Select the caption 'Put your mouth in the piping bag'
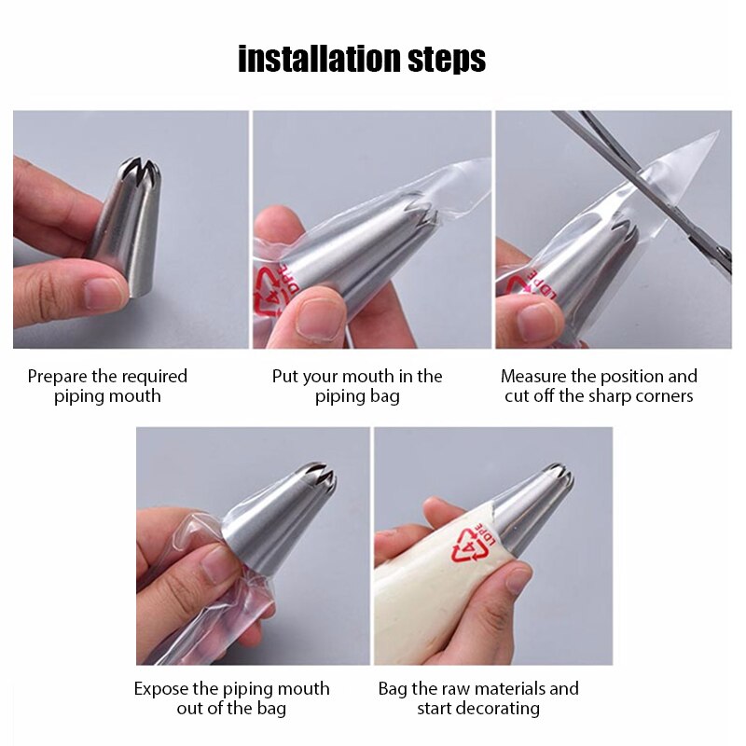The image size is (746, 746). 357,386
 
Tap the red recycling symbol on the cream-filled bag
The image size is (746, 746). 472,545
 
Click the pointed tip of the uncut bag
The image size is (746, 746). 714,135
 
